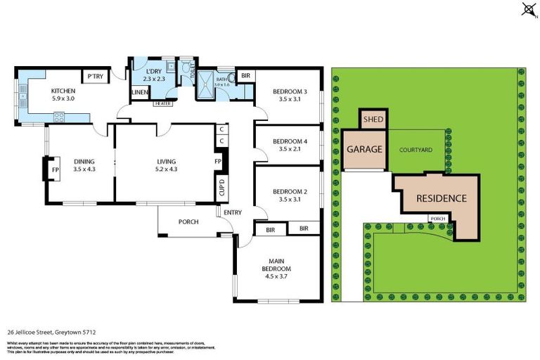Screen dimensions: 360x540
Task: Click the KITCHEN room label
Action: [x=63, y=91]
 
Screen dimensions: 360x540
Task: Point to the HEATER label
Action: [x=162, y=103]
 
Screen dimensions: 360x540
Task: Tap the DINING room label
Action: [x=84, y=161]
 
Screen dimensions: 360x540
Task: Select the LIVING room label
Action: [x=166, y=161]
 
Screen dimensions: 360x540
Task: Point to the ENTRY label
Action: [x=232, y=213]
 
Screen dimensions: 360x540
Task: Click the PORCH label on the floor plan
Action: [x=188, y=222]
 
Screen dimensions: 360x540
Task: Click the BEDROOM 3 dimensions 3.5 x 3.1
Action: [x=290, y=100]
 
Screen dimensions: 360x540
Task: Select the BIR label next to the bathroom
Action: [x=246, y=75]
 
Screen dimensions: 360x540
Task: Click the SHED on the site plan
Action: [x=373, y=120]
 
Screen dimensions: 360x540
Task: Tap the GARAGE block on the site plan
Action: [x=364, y=149]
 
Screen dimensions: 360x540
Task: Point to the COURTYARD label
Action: [x=415, y=150]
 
